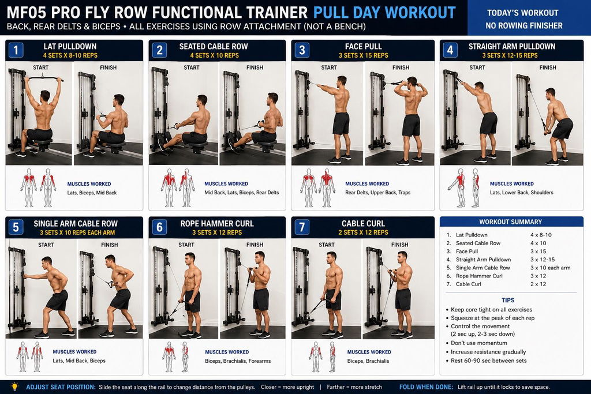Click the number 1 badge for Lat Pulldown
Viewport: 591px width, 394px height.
click(16, 50)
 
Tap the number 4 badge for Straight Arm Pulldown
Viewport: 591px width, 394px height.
click(450, 50)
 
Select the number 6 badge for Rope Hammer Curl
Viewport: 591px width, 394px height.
click(159, 227)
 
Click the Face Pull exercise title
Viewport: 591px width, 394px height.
click(364, 46)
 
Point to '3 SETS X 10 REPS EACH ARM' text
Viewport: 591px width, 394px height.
click(77, 232)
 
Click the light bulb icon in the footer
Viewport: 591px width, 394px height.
click(14, 387)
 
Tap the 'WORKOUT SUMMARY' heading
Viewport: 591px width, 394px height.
click(510, 222)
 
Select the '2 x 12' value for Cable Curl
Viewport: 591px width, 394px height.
click(538, 284)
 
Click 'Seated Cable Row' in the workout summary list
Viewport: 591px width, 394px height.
click(478, 243)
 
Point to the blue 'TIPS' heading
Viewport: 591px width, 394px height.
click(508, 300)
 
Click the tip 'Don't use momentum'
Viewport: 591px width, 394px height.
click(478, 343)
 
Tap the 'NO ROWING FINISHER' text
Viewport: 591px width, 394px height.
click(524, 25)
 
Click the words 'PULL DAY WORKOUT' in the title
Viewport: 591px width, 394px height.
click(384, 13)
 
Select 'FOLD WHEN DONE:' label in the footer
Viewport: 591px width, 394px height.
click(426, 387)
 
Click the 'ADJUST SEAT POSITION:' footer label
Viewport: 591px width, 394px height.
click(61, 387)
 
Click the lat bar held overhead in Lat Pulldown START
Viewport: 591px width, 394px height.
click(43, 78)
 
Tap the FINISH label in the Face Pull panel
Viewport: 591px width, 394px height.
click(401, 67)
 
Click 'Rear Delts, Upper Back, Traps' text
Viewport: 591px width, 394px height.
click(377, 193)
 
